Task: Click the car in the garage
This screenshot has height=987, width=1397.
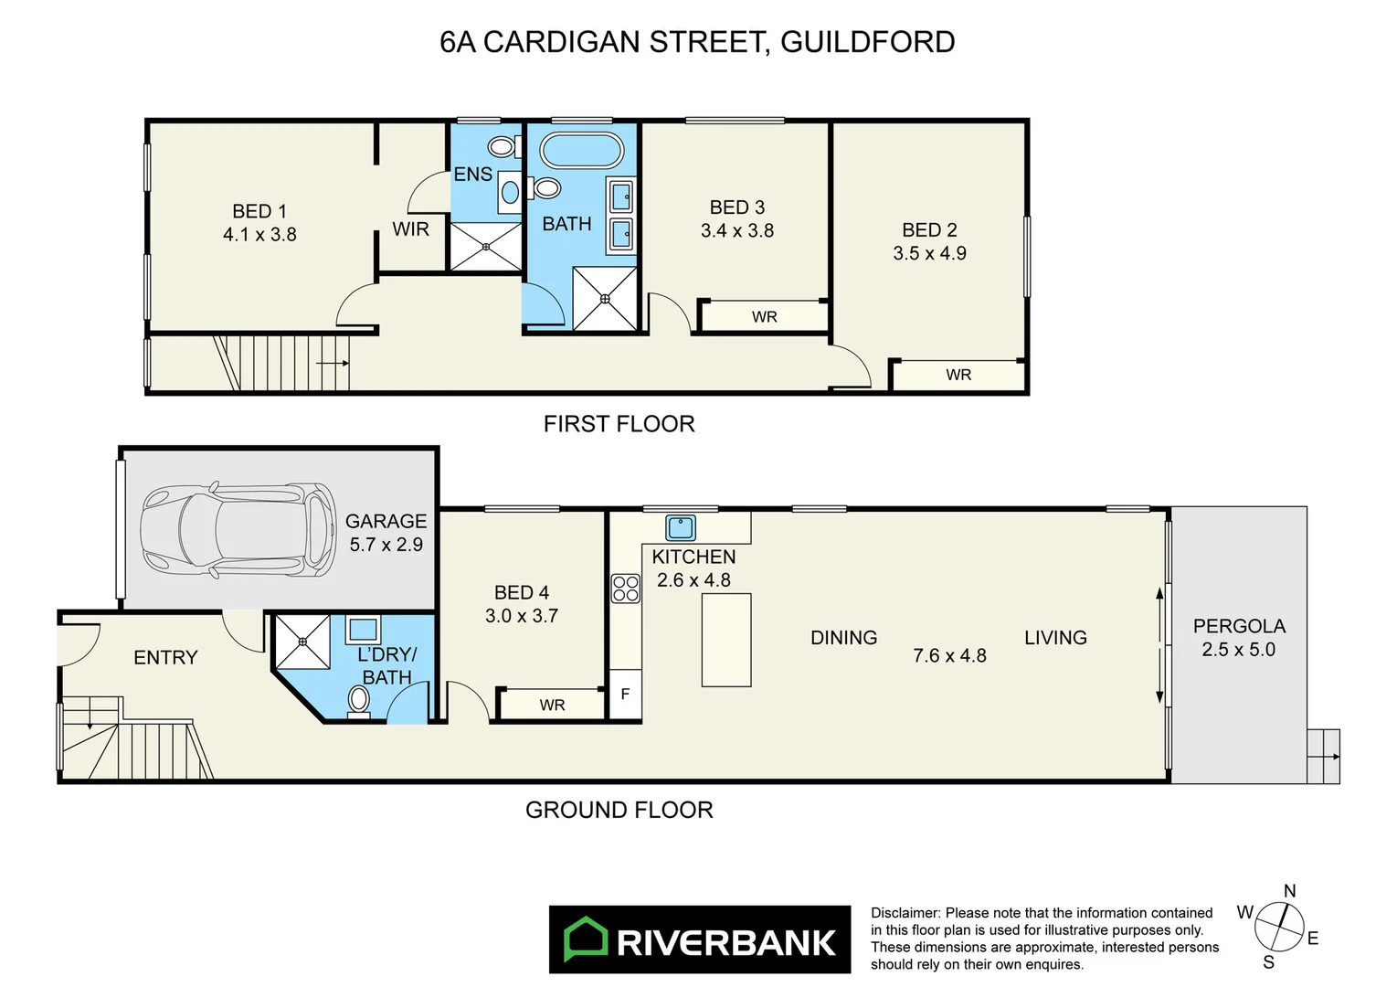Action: (238, 531)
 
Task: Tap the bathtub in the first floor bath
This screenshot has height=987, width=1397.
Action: (582, 150)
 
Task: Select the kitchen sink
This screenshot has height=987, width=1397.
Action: (681, 527)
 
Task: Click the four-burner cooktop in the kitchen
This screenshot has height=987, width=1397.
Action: (626, 589)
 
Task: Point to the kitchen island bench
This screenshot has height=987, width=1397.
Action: (726, 640)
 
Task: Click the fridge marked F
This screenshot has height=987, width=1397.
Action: (625, 695)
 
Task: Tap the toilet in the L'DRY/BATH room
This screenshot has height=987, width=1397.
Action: (359, 701)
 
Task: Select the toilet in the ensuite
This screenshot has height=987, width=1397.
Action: (501, 146)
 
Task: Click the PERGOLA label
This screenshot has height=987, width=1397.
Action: (1239, 626)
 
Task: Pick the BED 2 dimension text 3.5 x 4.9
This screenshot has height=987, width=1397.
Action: (929, 253)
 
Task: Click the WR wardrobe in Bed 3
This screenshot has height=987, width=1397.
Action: (764, 316)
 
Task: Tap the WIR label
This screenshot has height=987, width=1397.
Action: (410, 229)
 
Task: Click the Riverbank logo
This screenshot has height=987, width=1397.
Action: (699, 940)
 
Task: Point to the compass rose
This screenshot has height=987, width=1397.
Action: (1278, 927)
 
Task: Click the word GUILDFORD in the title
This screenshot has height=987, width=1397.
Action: (867, 42)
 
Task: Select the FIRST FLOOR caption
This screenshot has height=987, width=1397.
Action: (619, 424)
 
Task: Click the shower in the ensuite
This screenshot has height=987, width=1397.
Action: (486, 247)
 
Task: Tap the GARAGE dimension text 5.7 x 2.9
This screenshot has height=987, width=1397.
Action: (386, 545)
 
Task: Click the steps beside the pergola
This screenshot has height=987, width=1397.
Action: (1323, 756)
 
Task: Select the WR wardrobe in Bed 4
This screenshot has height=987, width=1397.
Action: (551, 705)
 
